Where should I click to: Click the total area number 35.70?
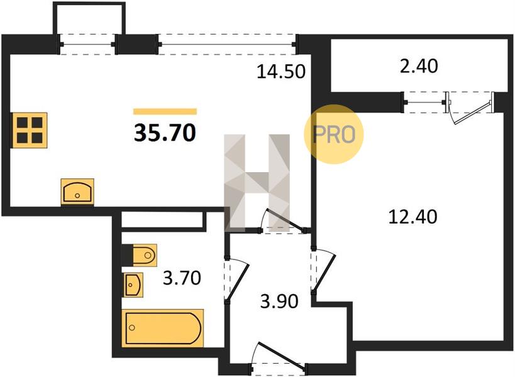coord(165,133)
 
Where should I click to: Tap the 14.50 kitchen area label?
coord(281,72)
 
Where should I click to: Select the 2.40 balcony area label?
coord(419,66)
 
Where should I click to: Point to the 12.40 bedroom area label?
coord(413,217)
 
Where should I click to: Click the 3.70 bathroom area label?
coord(182,278)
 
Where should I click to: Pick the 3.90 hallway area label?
coord(279,301)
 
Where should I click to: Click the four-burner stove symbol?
coord(30,130)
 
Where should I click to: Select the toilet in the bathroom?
coord(139,255)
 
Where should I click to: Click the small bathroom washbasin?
coord(133,285)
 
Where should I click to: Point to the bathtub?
coord(163,328)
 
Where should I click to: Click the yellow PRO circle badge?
coord(334,134)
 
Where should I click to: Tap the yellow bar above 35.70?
coord(165,112)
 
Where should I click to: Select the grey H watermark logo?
coord(257,182)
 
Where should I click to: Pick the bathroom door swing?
coord(237,279)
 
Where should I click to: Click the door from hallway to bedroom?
coord(323,269)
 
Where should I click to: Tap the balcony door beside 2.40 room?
coord(470,108)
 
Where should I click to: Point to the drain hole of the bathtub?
coord(132,327)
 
